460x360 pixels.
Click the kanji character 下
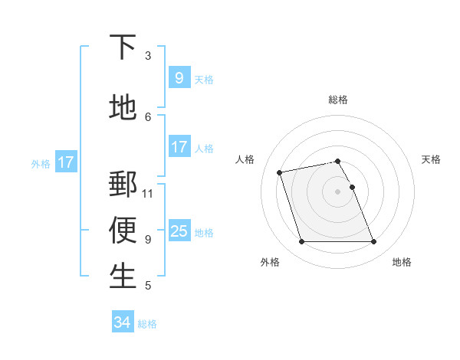(123, 47)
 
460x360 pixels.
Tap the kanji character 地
(123, 108)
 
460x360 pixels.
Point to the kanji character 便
(123, 230)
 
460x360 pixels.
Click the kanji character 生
(123, 276)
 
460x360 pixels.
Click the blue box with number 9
(179, 77)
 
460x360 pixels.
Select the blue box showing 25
(179, 231)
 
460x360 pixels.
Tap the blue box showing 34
(122, 322)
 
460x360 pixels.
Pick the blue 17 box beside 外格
(65, 162)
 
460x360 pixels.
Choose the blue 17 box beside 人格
(179, 147)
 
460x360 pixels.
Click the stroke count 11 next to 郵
(148, 193)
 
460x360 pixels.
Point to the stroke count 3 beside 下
(148, 55)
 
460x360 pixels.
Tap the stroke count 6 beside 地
(148, 116)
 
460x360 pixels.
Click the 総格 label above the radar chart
(338, 100)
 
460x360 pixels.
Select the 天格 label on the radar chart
(431, 159)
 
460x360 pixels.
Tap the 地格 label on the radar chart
(402, 262)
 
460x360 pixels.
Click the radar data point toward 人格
(280, 172)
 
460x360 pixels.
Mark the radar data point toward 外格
(301, 242)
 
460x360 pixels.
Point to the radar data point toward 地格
(373, 242)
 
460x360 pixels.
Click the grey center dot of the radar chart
(337, 191)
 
